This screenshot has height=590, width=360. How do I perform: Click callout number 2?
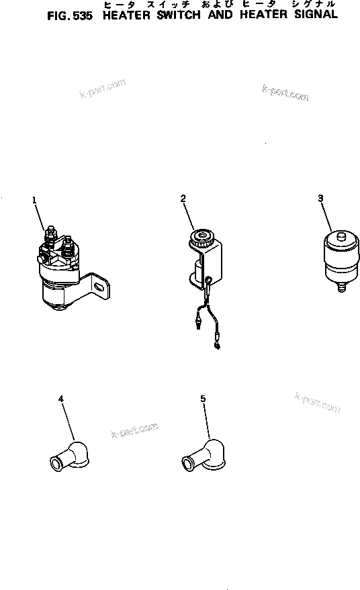click(x=183, y=197)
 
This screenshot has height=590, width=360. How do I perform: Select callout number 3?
click(x=320, y=198)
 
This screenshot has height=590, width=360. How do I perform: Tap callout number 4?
click(x=61, y=399)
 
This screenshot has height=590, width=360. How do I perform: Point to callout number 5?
click(x=203, y=399)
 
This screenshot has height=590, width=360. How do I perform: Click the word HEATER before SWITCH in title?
click(x=126, y=15)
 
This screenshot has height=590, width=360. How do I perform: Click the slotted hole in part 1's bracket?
click(x=99, y=287)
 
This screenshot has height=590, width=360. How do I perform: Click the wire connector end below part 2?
click(x=217, y=346)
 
